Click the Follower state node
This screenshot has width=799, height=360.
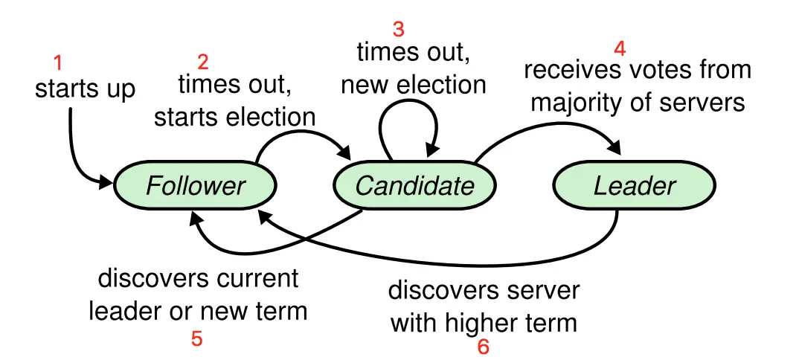point(195,185)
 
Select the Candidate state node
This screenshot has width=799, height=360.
point(414,185)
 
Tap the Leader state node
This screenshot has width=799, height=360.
point(634,185)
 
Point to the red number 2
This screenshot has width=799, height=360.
point(202,61)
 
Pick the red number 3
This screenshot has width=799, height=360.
point(399,30)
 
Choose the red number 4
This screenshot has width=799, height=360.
point(620,49)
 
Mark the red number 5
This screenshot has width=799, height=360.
point(196,339)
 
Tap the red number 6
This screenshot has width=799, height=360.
point(484,347)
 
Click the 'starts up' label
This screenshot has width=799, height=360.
point(85,89)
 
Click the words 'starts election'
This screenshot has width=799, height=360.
point(234,117)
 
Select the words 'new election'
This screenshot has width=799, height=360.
point(413,85)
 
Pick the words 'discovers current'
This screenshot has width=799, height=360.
point(198,279)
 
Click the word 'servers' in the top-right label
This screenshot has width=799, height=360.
point(702,101)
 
